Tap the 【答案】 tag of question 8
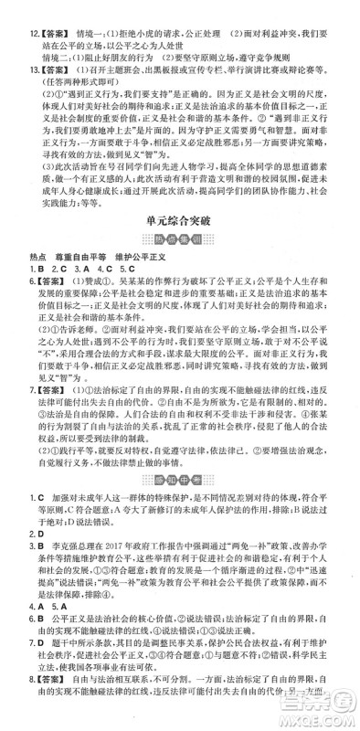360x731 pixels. (47, 706)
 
